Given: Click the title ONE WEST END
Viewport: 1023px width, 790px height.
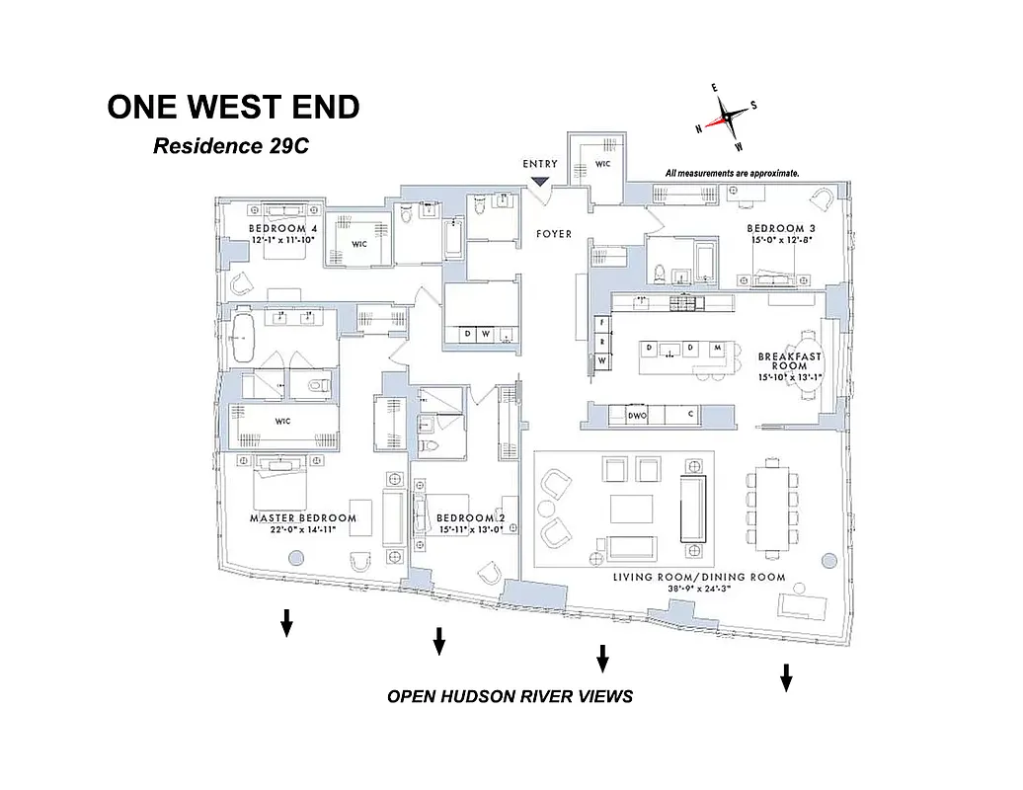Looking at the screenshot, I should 233,108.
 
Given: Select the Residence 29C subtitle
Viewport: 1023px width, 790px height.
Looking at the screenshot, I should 231,146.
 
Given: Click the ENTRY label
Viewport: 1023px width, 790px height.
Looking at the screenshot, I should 540,164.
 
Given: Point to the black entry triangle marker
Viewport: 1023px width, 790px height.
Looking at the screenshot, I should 540,181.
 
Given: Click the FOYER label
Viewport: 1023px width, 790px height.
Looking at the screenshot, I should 554,234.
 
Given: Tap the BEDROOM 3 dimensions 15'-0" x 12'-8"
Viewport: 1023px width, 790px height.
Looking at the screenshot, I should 780,239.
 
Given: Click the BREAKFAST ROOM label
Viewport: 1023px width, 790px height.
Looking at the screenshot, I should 789,361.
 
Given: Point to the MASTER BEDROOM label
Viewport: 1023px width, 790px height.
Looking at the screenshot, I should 303,518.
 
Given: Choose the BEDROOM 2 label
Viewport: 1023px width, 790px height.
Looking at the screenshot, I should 470,518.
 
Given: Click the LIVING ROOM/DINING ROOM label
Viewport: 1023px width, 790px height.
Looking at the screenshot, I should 699,577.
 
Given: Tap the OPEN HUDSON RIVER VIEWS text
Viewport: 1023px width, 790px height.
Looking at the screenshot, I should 510,696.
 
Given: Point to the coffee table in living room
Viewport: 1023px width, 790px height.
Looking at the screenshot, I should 631,508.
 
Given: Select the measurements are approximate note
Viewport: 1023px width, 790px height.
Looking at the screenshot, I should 732,173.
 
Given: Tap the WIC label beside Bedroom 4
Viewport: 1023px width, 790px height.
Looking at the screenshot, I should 358,244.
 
